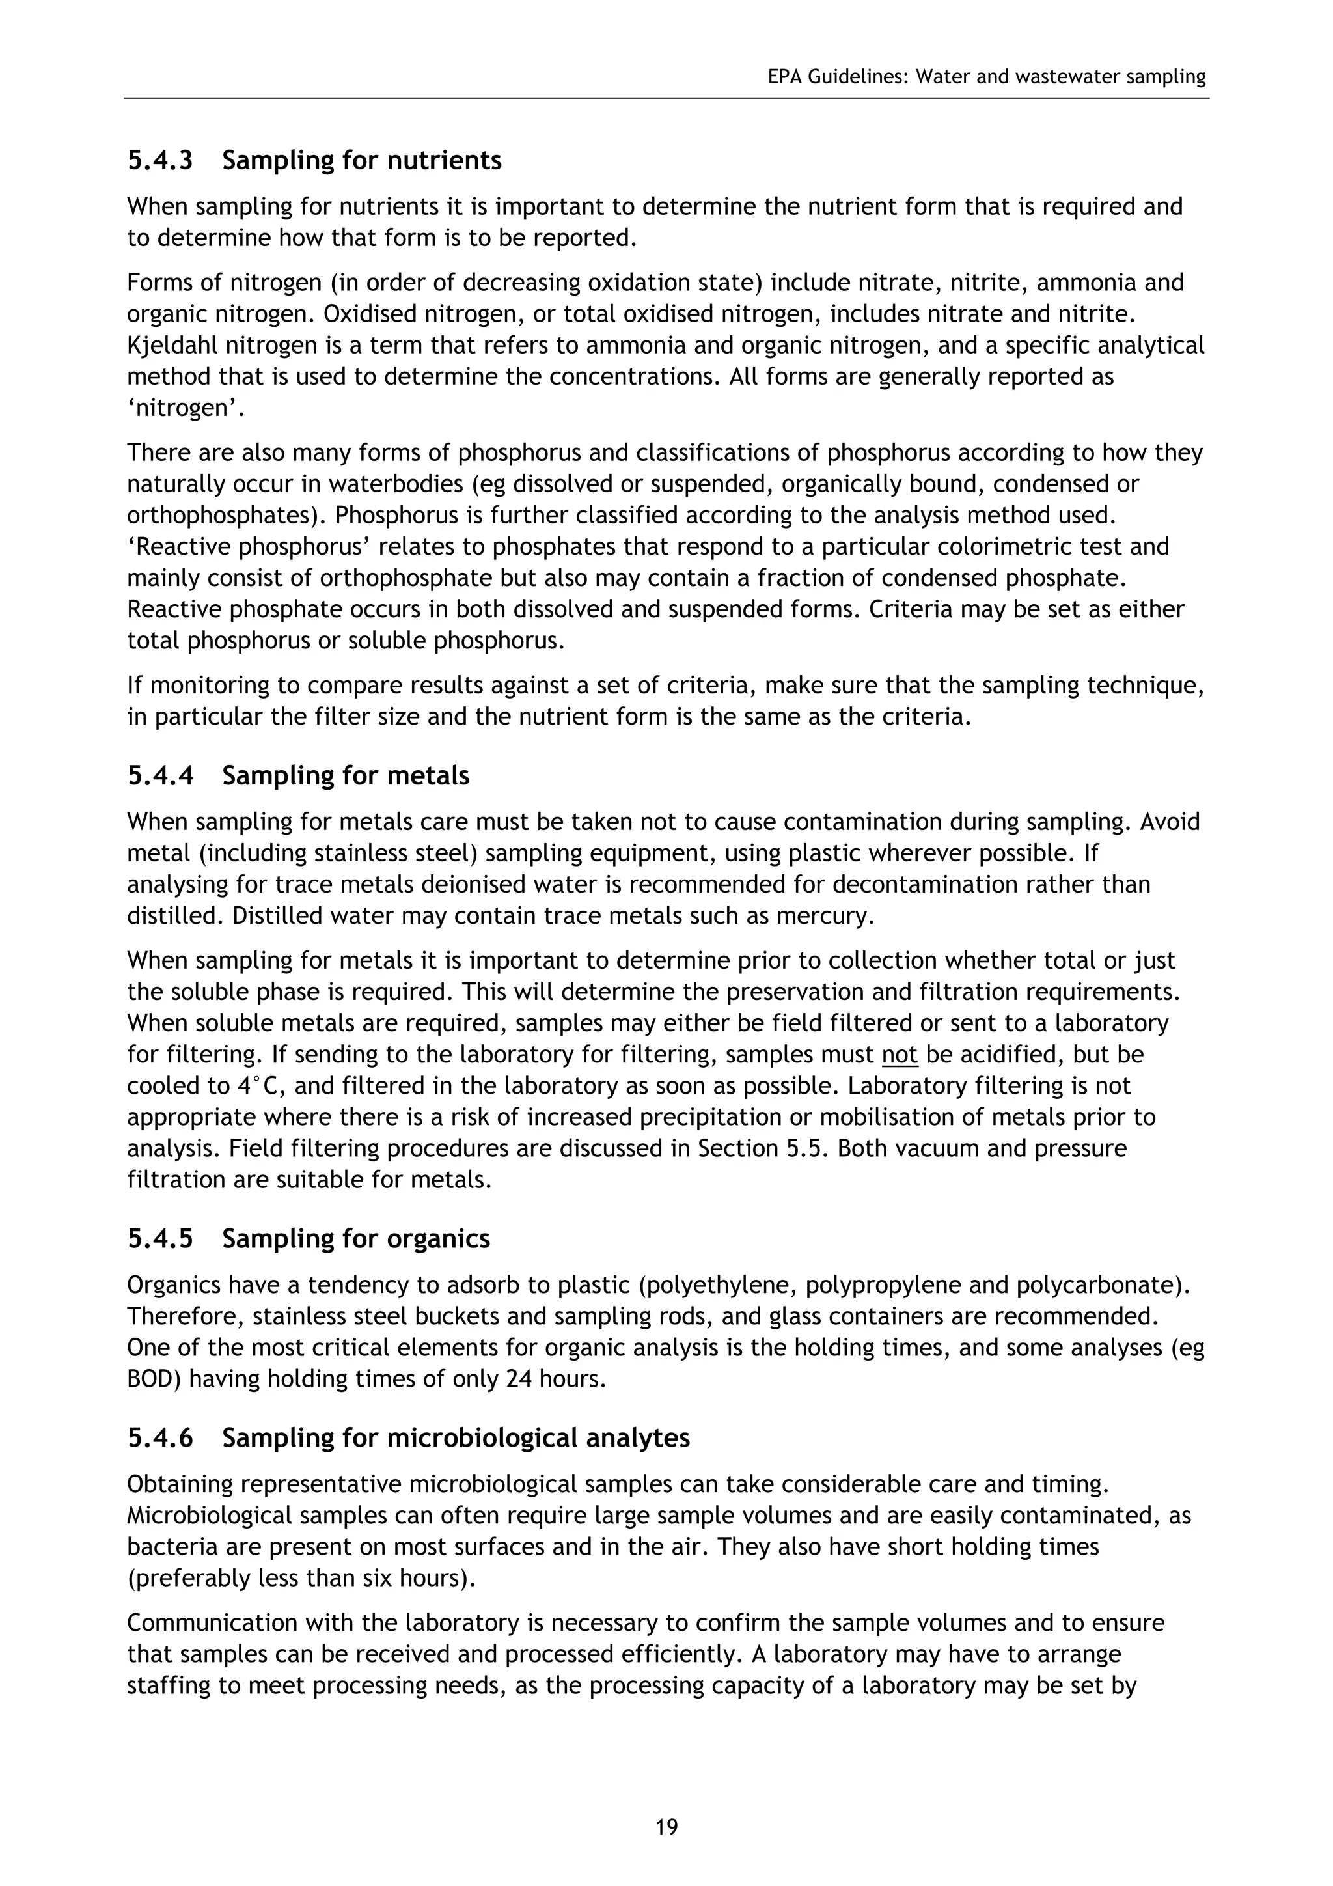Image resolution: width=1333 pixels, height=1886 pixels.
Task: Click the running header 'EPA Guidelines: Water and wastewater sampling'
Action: pyautogui.click(x=986, y=77)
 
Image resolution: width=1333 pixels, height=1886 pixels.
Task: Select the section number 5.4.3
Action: pyautogui.click(x=160, y=160)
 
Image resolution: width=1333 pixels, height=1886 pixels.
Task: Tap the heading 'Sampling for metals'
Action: pyautogui.click(x=345, y=776)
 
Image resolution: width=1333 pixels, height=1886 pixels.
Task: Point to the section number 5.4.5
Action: pyautogui.click(x=160, y=1239)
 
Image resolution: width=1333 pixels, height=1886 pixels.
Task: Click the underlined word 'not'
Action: pyautogui.click(x=898, y=1055)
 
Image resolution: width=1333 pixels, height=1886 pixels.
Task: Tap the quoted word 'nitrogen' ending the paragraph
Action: pyautogui.click(x=186, y=408)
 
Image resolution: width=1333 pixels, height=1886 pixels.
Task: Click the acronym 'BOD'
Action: pyautogui.click(x=153, y=1378)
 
